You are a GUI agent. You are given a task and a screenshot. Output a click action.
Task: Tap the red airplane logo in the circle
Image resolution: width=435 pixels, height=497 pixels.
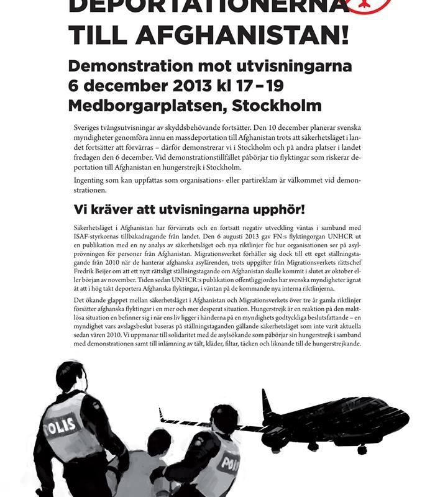[x=370, y=5]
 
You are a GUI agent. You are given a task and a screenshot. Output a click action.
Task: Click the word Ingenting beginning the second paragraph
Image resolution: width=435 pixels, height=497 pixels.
[x=93, y=180]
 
